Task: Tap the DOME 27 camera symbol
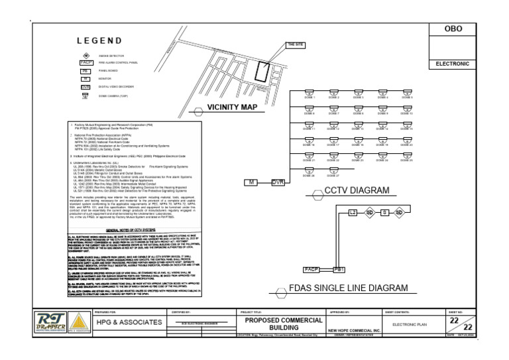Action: click(333, 170)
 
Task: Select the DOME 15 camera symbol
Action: click(406, 123)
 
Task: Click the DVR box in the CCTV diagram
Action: click(278, 182)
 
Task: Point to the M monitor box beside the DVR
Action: click(251, 182)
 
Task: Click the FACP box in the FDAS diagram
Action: click(311, 270)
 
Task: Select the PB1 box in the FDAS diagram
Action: click(339, 270)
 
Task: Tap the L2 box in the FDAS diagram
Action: click(353, 212)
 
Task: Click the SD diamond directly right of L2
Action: click(369, 212)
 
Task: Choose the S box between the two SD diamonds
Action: click(384, 212)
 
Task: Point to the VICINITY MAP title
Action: click(232, 107)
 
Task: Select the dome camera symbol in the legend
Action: click(85, 95)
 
